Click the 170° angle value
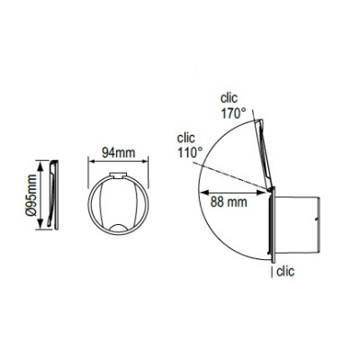[x=235, y=115]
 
